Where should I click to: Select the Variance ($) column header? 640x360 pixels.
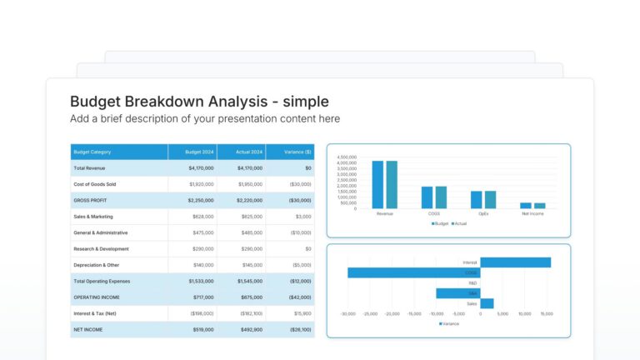[297, 152]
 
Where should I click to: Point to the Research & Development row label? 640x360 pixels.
[101, 248]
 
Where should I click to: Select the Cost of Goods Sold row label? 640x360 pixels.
[94, 184]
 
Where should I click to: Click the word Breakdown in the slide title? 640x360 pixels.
[162, 102]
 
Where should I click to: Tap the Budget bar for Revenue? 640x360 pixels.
[377, 184]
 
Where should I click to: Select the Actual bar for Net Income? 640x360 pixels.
[540, 205]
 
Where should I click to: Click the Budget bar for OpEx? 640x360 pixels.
[476, 199]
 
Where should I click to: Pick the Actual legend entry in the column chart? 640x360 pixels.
[458, 223]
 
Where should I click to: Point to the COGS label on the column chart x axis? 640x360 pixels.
[433, 213]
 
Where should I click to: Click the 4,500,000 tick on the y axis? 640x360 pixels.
[347, 157]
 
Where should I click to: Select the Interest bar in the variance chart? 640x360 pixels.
[515, 262]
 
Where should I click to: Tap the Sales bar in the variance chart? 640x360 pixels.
[487, 303]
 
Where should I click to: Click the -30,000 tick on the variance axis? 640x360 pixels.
[347, 314]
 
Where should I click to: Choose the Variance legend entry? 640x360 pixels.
[448, 323]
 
